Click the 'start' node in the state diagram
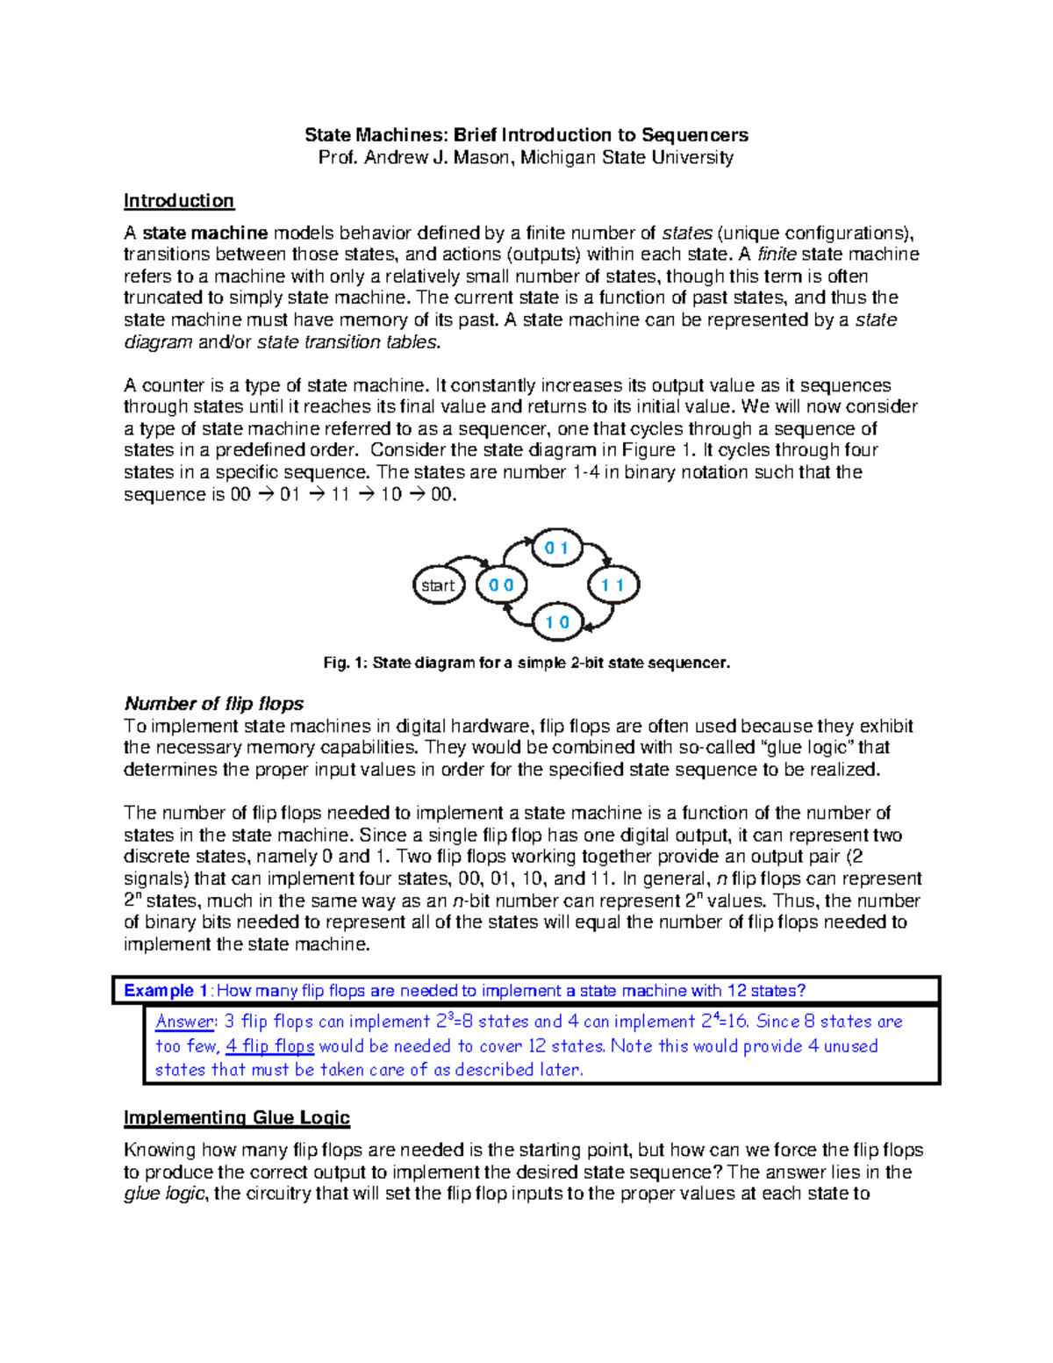[438, 585]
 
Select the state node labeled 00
[501, 585]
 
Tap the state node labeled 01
[557, 549]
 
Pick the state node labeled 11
[612, 585]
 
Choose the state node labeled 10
[557, 622]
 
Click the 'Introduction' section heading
[178, 201]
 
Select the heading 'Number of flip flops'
[213, 704]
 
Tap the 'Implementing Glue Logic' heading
[236, 1117]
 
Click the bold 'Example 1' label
[165, 991]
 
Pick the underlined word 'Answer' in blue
[184, 1022]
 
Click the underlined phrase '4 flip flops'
[269, 1046]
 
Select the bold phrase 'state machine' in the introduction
[204, 233]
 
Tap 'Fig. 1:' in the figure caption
[346, 664]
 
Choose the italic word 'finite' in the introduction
[777, 255]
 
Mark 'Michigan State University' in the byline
[627, 158]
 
